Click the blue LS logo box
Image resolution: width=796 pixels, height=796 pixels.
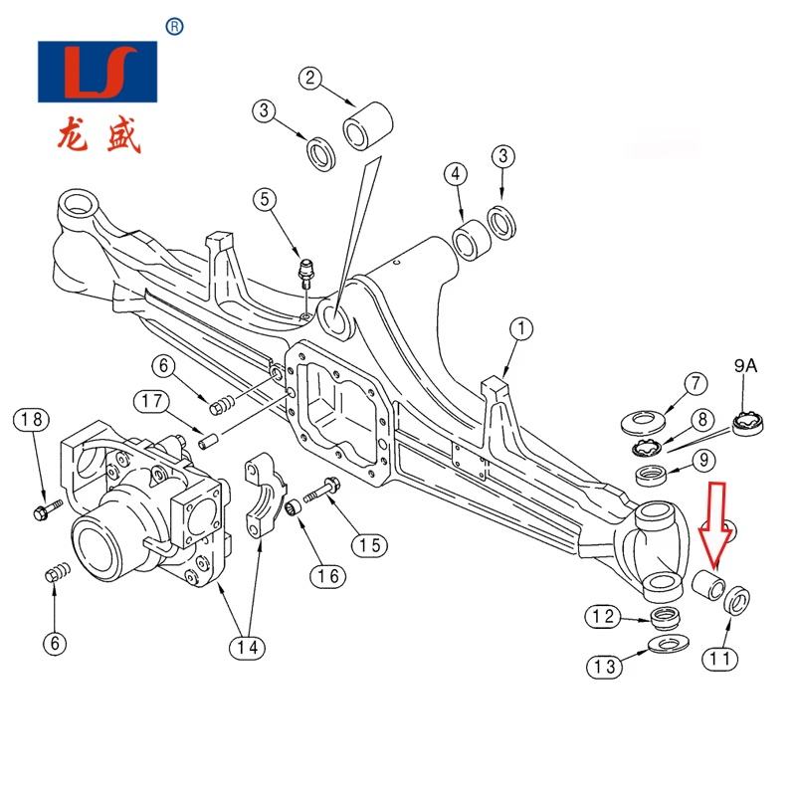coord(98,72)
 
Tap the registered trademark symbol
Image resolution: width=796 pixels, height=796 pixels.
coord(175,27)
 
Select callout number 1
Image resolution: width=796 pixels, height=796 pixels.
coord(521,329)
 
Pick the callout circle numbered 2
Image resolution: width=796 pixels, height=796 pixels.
coord(310,78)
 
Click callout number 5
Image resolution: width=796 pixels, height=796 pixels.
coord(265,199)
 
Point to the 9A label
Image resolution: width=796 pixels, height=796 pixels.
coord(745,365)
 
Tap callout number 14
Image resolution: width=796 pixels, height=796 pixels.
coord(247,648)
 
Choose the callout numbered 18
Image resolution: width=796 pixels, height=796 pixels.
coord(32,419)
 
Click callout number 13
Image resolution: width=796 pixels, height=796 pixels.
coord(604,667)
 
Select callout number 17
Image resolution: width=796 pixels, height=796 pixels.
coord(151,401)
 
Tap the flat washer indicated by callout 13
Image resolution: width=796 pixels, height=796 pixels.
coord(669,644)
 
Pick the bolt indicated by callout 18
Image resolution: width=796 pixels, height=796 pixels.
coord(48,509)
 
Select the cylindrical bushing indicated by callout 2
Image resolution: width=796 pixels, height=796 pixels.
coord(369,126)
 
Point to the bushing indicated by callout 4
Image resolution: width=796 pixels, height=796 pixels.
coord(471,240)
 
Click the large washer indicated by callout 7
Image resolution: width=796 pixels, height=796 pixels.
coord(643,422)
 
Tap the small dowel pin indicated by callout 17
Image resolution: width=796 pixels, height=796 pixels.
coord(208,440)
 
